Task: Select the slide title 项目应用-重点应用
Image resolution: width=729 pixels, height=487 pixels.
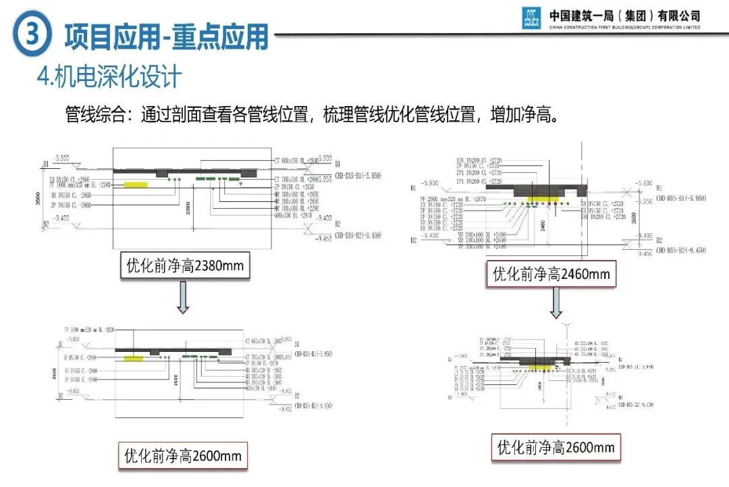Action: [166, 36]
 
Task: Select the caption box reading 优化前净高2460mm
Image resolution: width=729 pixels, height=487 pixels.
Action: [551, 274]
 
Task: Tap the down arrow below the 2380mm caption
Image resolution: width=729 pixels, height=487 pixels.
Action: [183, 299]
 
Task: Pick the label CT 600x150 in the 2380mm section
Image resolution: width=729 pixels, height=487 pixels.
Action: [294, 161]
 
